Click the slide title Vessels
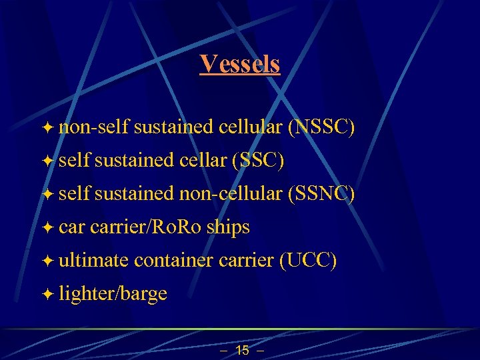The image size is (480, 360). pyautogui.click(x=240, y=64)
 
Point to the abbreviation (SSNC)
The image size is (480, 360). pyautogui.click(x=321, y=194)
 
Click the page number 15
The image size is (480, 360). pyautogui.click(x=243, y=350)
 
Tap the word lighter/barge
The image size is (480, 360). pyautogui.click(x=113, y=294)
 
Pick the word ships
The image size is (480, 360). pyautogui.click(x=228, y=227)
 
